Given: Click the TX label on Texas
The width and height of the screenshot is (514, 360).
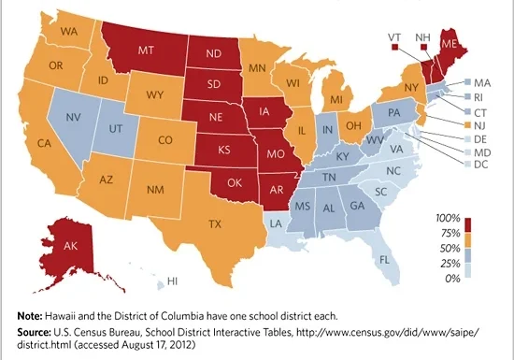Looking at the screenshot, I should (214, 223).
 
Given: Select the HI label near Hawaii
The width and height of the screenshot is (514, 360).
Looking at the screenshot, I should (173, 280).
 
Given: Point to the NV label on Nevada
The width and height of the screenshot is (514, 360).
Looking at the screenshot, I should (74, 118).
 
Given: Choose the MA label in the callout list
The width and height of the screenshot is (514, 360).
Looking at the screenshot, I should (483, 82).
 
